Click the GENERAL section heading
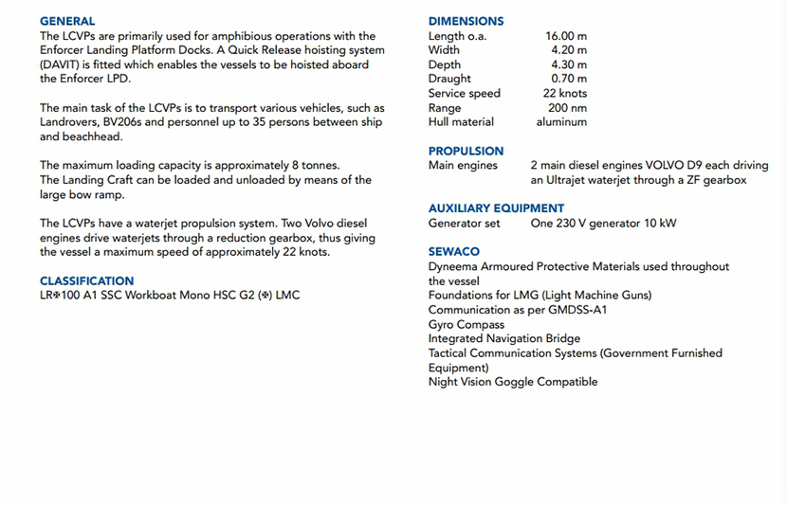(x=67, y=21)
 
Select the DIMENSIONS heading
(x=466, y=21)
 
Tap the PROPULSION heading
(x=466, y=151)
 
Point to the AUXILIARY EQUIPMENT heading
(x=496, y=208)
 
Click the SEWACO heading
(x=453, y=252)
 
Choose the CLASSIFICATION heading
(x=86, y=280)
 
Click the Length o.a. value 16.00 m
(x=566, y=36)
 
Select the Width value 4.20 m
(x=569, y=50)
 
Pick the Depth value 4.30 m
(x=569, y=64)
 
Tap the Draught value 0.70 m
(x=569, y=79)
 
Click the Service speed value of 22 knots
(x=565, y=93)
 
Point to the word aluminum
(x=561, y=122)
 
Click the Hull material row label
(x=461, y=122)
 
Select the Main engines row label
(x=463, y=166)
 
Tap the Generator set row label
(x=464, y=224)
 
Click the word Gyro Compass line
(x=467, y=325)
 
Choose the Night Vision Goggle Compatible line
(x=513, y=382)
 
